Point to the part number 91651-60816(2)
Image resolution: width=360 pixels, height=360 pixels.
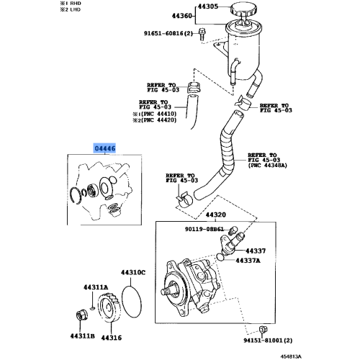(x=168, y=33)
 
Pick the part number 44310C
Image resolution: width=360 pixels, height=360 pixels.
(x=132, y=273)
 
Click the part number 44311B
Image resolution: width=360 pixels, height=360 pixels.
(x=83, y=336)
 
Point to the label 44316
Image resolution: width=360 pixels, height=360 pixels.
(x=112, y=336)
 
